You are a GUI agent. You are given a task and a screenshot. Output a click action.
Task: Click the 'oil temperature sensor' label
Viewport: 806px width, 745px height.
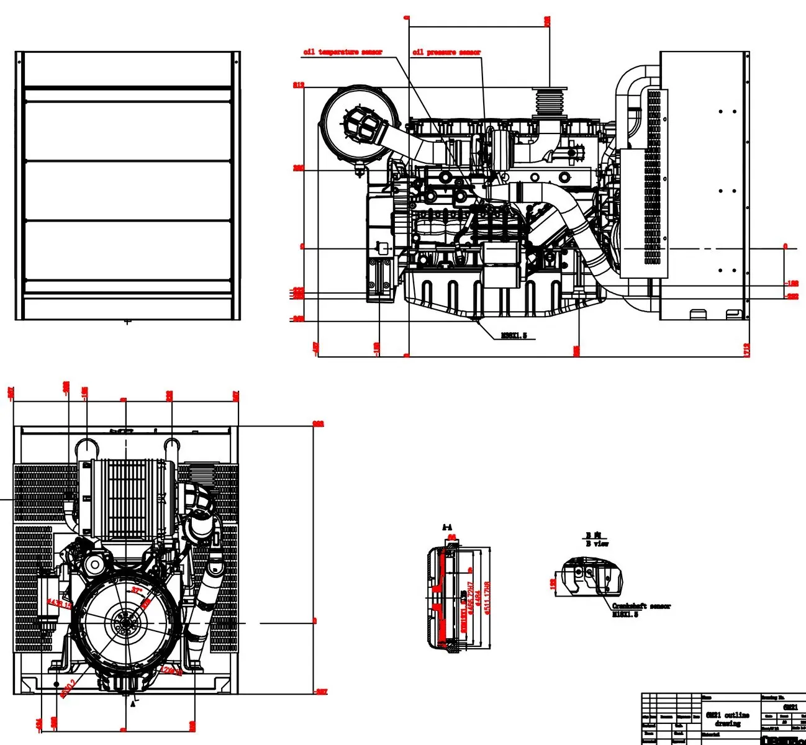pos(343,52)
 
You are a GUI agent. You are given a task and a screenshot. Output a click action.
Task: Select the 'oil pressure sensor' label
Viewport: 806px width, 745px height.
pos(446,52)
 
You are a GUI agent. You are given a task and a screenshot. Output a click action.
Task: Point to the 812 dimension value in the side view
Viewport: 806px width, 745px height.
pos(299,85)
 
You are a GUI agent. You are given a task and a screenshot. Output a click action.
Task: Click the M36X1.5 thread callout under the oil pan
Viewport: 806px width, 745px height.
pos(514,336)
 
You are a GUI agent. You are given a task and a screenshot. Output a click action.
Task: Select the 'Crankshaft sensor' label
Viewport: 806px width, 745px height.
pos(641,606)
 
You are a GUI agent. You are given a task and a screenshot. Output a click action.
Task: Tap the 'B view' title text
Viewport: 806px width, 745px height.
pos(597,544)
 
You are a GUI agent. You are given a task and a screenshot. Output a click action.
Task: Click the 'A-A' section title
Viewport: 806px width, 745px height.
pos(448,528)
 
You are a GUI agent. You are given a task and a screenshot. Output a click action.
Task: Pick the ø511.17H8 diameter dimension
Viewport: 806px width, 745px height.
pos(487,597)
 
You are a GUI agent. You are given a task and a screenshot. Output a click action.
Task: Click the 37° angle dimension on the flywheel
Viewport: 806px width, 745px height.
pos(137,590)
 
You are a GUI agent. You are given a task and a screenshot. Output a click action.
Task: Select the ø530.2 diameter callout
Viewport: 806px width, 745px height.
pos(68,689)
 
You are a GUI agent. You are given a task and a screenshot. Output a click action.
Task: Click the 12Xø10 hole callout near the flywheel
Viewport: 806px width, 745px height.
pos(170,670)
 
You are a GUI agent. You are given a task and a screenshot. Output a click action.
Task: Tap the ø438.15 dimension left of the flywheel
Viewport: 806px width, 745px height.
pos(60,603)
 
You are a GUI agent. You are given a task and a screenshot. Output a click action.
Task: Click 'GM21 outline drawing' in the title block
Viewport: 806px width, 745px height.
pos(727,719)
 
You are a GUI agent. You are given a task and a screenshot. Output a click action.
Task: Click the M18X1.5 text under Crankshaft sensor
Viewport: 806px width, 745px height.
pos(625,615)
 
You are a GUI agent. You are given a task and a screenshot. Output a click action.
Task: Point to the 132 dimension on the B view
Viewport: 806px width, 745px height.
pos(553,584)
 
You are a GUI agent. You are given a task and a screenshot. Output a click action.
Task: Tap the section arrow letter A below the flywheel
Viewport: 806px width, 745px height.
pos(132,705)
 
